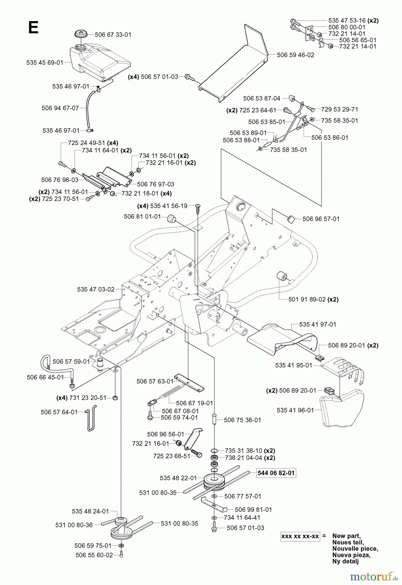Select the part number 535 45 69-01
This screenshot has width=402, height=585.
coord(45,62)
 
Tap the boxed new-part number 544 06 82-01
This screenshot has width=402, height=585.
coord(276,473)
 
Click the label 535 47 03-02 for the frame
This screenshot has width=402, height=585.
coord(95,289)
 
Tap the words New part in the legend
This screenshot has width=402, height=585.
coord(346,536)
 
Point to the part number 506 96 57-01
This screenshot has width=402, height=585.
coord(321,219)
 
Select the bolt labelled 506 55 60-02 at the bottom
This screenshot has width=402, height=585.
coord(121,555)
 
